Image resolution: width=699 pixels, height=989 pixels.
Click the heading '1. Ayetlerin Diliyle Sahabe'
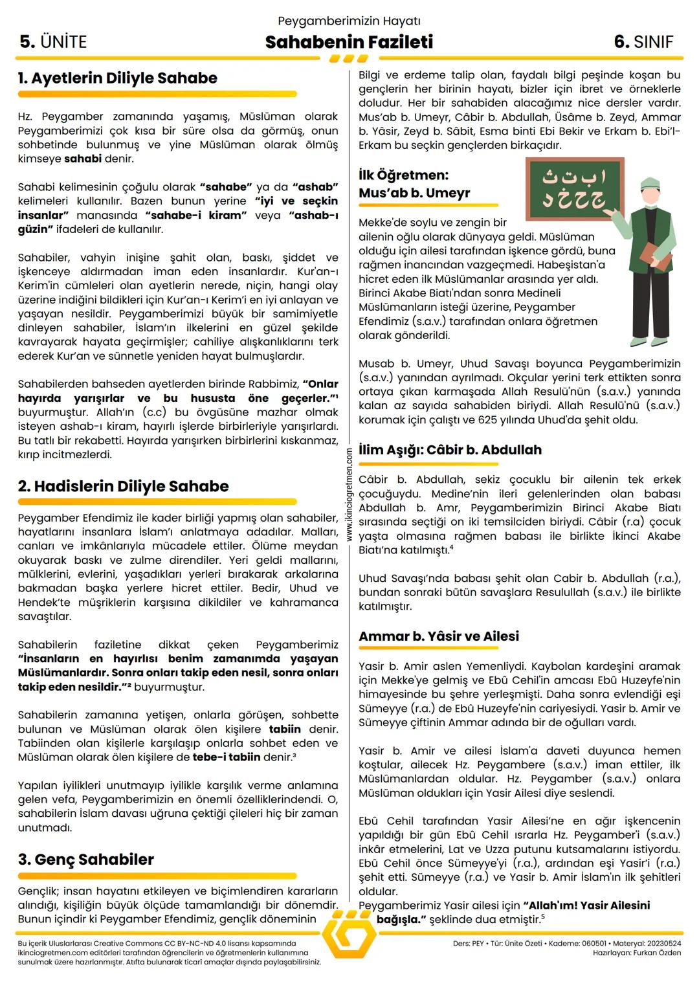click(x=118, y=78)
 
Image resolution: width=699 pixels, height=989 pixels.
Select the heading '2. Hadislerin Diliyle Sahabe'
click(x=123, y=486)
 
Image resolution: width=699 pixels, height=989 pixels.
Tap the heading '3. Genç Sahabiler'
click(x=86, y=860)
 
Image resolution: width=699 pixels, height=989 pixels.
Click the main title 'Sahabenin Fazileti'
click(x=349, y=42)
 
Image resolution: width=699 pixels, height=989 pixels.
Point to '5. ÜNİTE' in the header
click(x=53, y=42)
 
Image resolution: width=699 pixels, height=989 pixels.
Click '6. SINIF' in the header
click(x=643, y=42)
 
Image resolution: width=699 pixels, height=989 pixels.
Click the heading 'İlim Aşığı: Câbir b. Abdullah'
click(x=450, y=450)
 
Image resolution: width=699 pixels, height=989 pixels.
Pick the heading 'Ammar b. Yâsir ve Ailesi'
click(x=439, y=636)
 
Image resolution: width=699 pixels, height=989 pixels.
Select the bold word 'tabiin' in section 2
click(x=285, y=729)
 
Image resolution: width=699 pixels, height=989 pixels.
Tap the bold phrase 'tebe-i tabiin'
click(x=227, y=757)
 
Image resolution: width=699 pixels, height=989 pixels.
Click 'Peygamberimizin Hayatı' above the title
click(x=349, y=21)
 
